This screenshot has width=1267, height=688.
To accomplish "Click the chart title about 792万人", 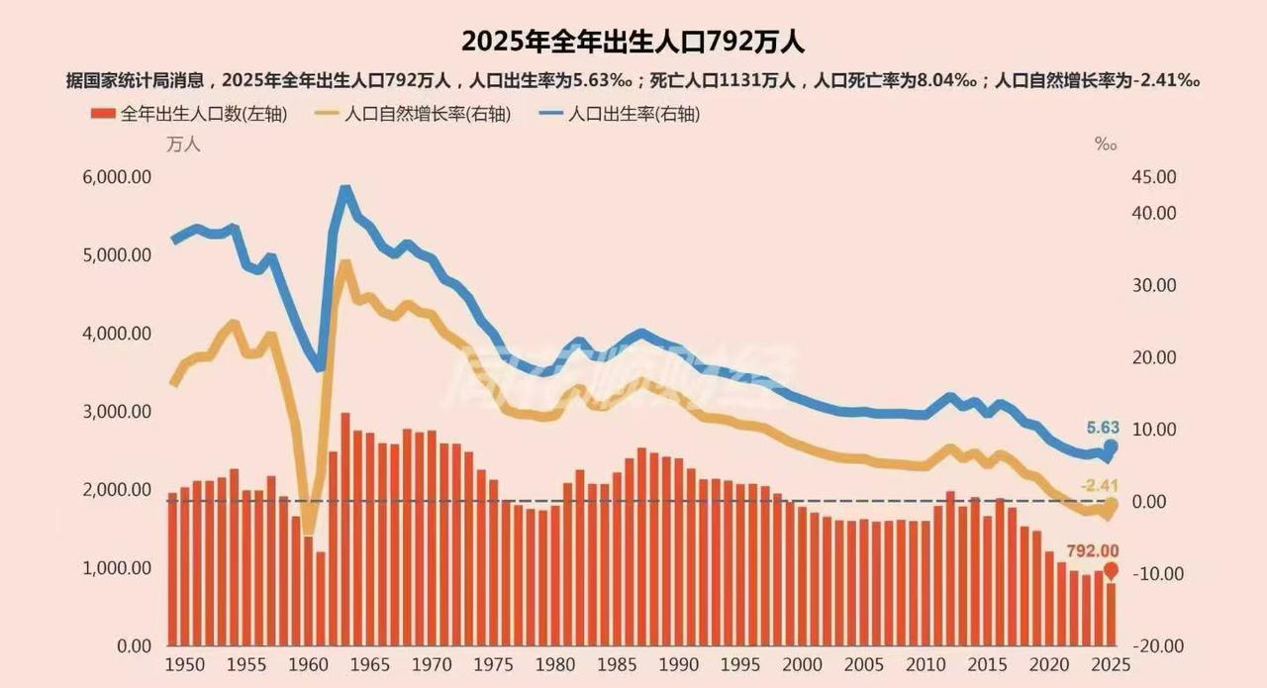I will pyautogui.click(x=633, y=42).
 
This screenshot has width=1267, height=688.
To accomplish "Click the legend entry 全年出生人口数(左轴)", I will pyautogui.click(x=190, y=114).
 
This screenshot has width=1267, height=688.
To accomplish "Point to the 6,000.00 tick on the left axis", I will pyautogui.click(x=115, y=177).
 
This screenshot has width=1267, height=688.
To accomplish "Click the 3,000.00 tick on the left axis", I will pyautogui.click(x=115, y=412).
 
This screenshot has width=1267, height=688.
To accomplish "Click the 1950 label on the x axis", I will pyautogui.click(x=180, y=663).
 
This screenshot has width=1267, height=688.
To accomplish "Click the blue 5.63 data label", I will pyautogui.click(x=1101, y=429).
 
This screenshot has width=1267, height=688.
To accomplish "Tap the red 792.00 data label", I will pyautogui.click(x=1092, y=551).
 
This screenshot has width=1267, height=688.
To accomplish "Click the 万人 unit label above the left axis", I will pyautogui.click(x=183, y=145).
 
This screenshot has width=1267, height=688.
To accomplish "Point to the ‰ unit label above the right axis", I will pyautogui.click(x=1105, y=145).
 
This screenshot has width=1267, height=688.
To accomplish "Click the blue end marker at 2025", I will pyautogui.click(x=1111, y=447).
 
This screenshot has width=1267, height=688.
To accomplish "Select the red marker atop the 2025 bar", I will pyautogui.click(x=1111, y=570).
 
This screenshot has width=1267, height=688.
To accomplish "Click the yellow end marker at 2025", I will pyautogui.click(x=1111, y=506).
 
